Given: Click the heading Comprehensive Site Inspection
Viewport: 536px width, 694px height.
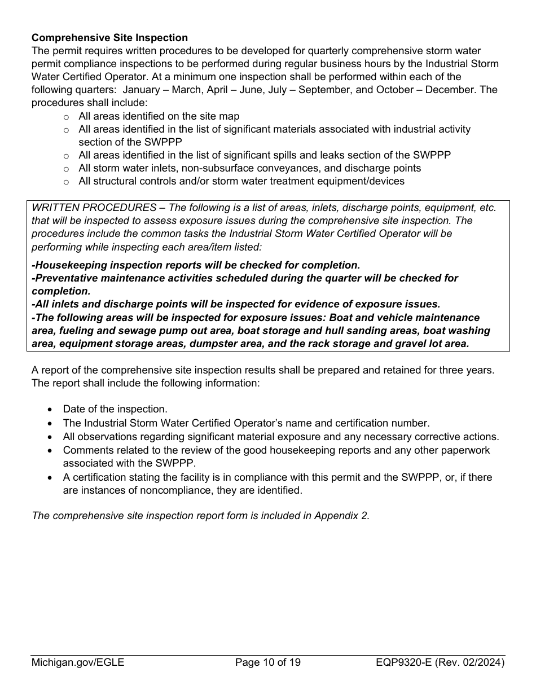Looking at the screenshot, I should click(x=109, y=38).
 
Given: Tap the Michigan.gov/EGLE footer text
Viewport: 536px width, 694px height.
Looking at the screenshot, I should click(x=78, y=662).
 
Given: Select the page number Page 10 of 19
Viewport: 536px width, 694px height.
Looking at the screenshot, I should click(x=268, y=662).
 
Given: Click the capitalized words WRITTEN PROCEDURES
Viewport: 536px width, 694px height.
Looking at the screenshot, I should click(x=94, y=208).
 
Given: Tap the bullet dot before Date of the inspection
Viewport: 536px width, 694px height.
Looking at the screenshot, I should click(x=51, y=410).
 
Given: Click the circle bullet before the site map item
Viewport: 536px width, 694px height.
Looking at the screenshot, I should click(x=66, y=117).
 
